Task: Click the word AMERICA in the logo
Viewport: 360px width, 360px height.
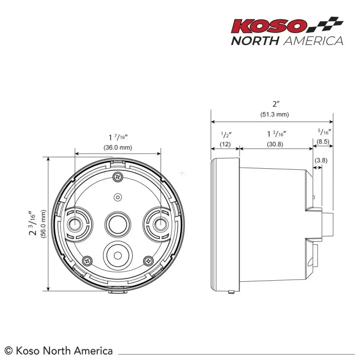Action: point(313,40)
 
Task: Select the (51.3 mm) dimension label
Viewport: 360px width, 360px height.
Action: point(274,114)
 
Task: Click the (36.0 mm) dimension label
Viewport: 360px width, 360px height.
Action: point(118,147)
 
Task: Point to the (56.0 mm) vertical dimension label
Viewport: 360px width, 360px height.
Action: point(44,224)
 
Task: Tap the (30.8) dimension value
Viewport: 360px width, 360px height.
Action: point(274,144)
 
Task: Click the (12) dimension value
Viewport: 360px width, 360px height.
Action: point(225,144)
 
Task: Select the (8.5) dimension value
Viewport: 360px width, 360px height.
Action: point(324,141)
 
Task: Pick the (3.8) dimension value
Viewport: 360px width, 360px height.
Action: point(321,160)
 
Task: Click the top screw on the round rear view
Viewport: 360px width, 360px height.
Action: point(118,177)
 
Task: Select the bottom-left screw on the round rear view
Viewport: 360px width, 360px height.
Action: point(87,260)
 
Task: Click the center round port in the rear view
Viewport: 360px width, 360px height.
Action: point(118,222)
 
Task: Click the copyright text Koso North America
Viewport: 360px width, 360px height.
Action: point(58,350)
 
